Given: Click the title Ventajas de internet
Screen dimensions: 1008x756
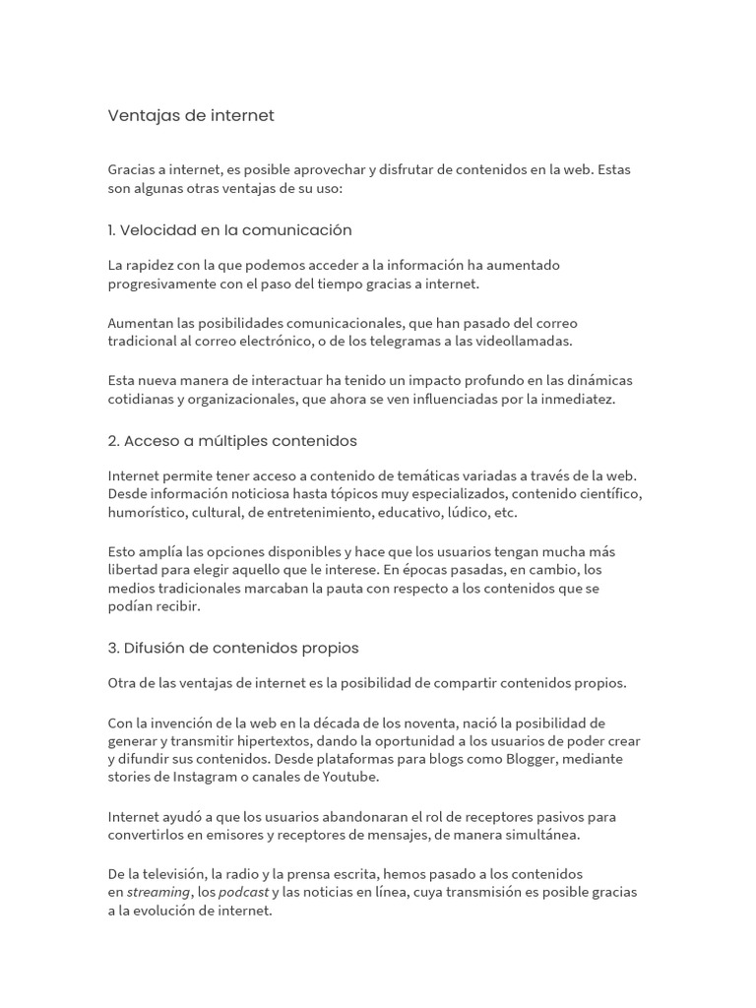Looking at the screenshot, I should [191, 115].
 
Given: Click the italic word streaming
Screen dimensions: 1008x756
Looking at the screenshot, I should [157, 892].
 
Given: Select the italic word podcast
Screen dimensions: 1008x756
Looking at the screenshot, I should [243, 892].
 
